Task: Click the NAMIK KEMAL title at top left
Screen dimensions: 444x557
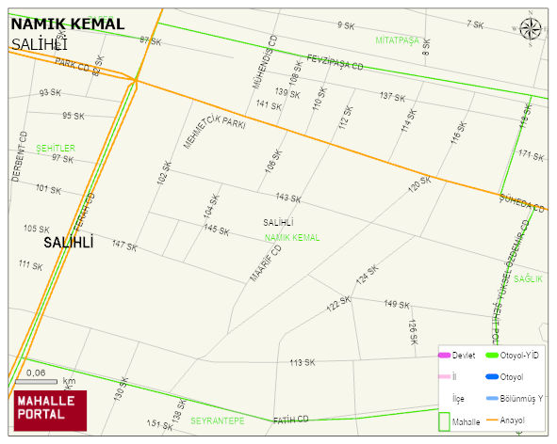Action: coord(66,24)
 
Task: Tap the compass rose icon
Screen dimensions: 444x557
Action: coord(532,30)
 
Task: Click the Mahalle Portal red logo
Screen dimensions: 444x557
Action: coord(49,409)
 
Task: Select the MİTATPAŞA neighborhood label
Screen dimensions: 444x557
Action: coord(397,40)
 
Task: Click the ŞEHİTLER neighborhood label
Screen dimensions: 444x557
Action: coord(55,149)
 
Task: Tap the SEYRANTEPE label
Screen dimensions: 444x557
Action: coord(217,420)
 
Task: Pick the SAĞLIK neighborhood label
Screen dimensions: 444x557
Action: coord(528,278)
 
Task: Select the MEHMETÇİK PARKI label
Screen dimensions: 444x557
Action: coord(215,132)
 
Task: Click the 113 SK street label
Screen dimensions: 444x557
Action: coord(302,362)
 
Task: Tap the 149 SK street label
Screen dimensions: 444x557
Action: coord(397,304)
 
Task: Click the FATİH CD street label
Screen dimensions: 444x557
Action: coord(291,420)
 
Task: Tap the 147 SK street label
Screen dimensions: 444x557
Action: coord(123,246)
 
